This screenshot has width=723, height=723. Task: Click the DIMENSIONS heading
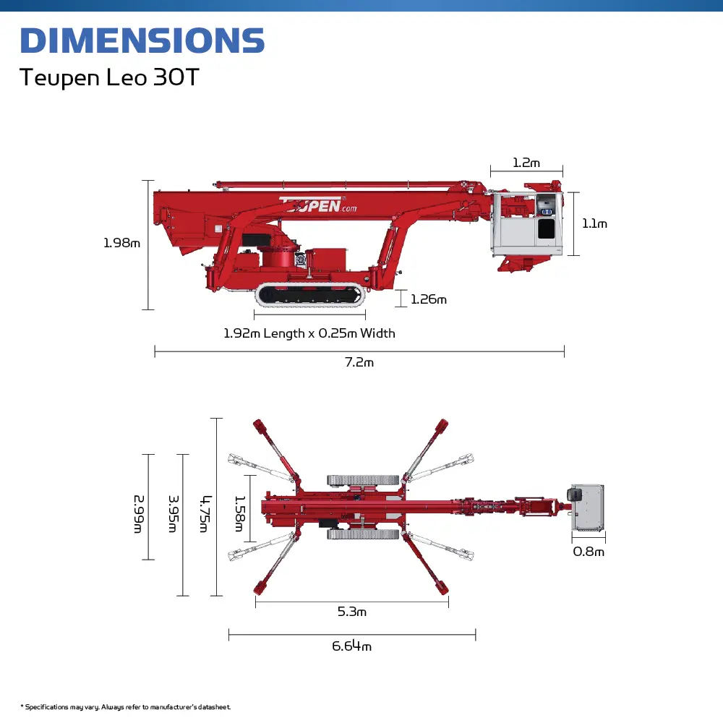click(x=142, y=40)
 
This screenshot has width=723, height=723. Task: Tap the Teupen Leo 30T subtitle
click(x=109, y=77)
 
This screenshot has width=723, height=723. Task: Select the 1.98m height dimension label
click(x=121, y=243)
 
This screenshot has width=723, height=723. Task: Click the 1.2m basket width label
click(x=526, y=163)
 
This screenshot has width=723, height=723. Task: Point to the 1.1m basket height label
click(x=594, y=223)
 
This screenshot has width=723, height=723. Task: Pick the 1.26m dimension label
click(x=428, y=299)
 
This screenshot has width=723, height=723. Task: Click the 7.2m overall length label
click(x=359, y=362)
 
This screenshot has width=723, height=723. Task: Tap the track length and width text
click(x=309, y=333)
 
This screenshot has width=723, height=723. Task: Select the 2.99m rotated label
click(x=139, y=514)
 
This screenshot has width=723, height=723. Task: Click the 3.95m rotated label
click(x=173, y=513)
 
